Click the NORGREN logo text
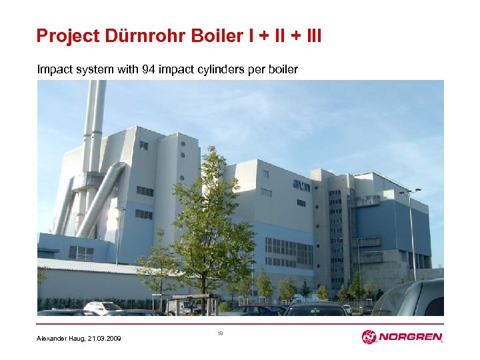(411, 337)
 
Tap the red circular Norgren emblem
(369, 337)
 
